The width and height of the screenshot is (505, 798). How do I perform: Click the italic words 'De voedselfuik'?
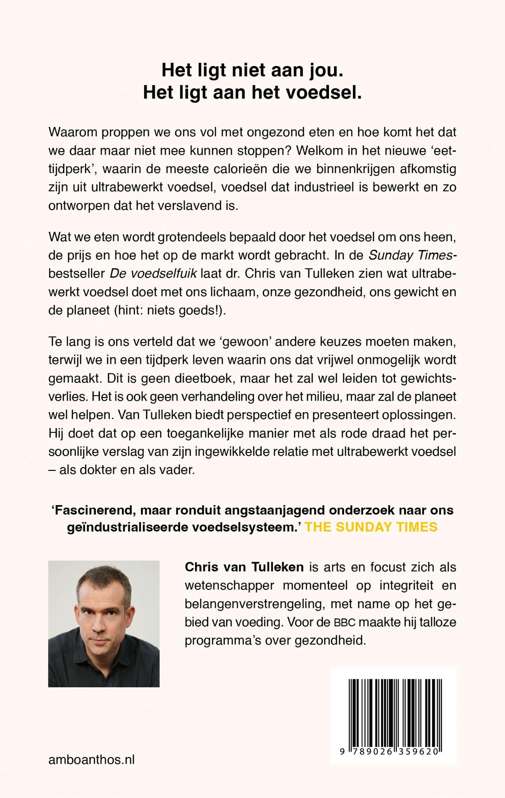point(153,273)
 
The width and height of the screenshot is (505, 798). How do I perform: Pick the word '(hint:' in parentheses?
point(128,310)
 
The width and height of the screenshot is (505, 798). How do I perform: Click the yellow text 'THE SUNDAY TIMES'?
point(371,527)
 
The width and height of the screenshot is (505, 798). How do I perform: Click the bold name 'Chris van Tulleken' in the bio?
point(244,567)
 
